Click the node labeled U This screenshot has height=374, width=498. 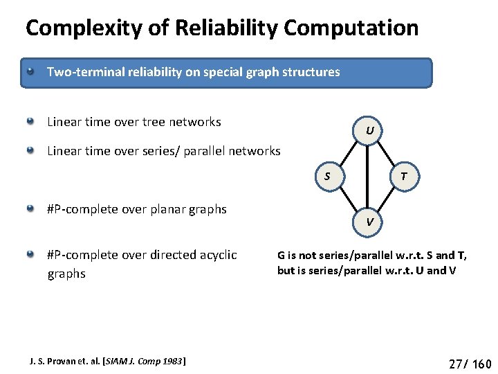pyautogui.click(x=370, y=130)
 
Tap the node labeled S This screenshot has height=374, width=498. pyautogui.click(x=327, y=176)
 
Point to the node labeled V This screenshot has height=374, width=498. pyautogui.click(x=370, y=222)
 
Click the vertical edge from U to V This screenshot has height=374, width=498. pyautogui.click(x=370, y=176)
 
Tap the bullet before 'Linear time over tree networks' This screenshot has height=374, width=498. pyautogui.click(x=30, y=122)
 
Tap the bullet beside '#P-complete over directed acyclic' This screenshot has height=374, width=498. pyautogui.click(x=30, y=255)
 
